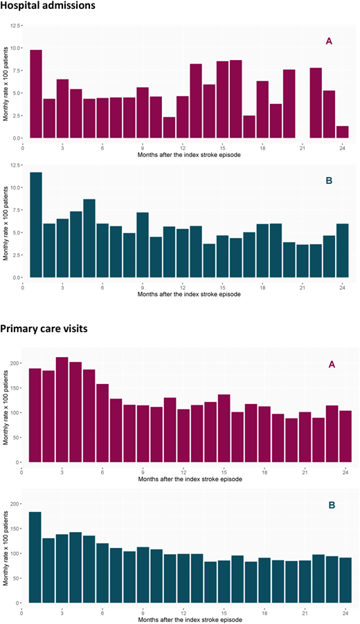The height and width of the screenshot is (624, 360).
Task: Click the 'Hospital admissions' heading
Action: pyautogui.click(x=48, y=6)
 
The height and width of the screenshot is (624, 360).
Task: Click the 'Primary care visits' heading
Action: pyautogui.click(x=44, y=329)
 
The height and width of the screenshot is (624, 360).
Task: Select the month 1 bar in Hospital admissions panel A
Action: pyautogui.click(x=36, y=94)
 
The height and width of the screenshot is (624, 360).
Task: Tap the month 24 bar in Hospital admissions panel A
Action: pyautogui.click(x=343, y=132)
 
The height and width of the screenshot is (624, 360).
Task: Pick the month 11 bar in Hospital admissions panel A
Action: pyautogui.click(x=169, y=127)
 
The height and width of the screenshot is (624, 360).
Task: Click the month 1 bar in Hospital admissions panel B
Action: pyautogui.click(x=36, y=225)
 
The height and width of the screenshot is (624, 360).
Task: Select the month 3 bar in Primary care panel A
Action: pyautogui.click(x=62, y=410)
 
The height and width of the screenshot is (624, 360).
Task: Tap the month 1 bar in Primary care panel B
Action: pyautogui.click(x=35, y=557)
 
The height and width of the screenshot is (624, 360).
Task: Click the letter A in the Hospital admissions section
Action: pyautogui.click(x=329, y=41)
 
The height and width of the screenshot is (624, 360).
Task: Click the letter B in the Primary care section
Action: pyautogui.click(x=332, y=506)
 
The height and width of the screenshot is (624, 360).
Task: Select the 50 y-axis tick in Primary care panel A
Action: pyautogui.click(x=16, y=438)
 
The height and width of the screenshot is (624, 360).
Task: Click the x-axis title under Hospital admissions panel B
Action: pyautogui.click(x=189, y=295)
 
